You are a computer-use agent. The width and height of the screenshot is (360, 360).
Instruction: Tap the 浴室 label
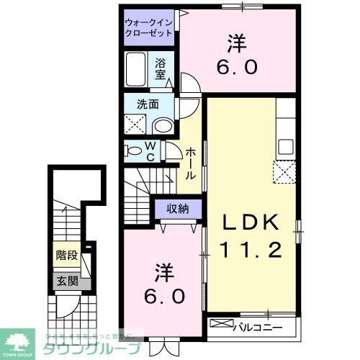tap(161, 68)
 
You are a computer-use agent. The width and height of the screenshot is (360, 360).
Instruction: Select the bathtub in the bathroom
tap(137, 71)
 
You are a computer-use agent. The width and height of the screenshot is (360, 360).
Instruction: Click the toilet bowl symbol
tap(134, 151)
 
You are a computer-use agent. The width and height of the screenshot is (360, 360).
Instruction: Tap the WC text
tap(151, 151)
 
